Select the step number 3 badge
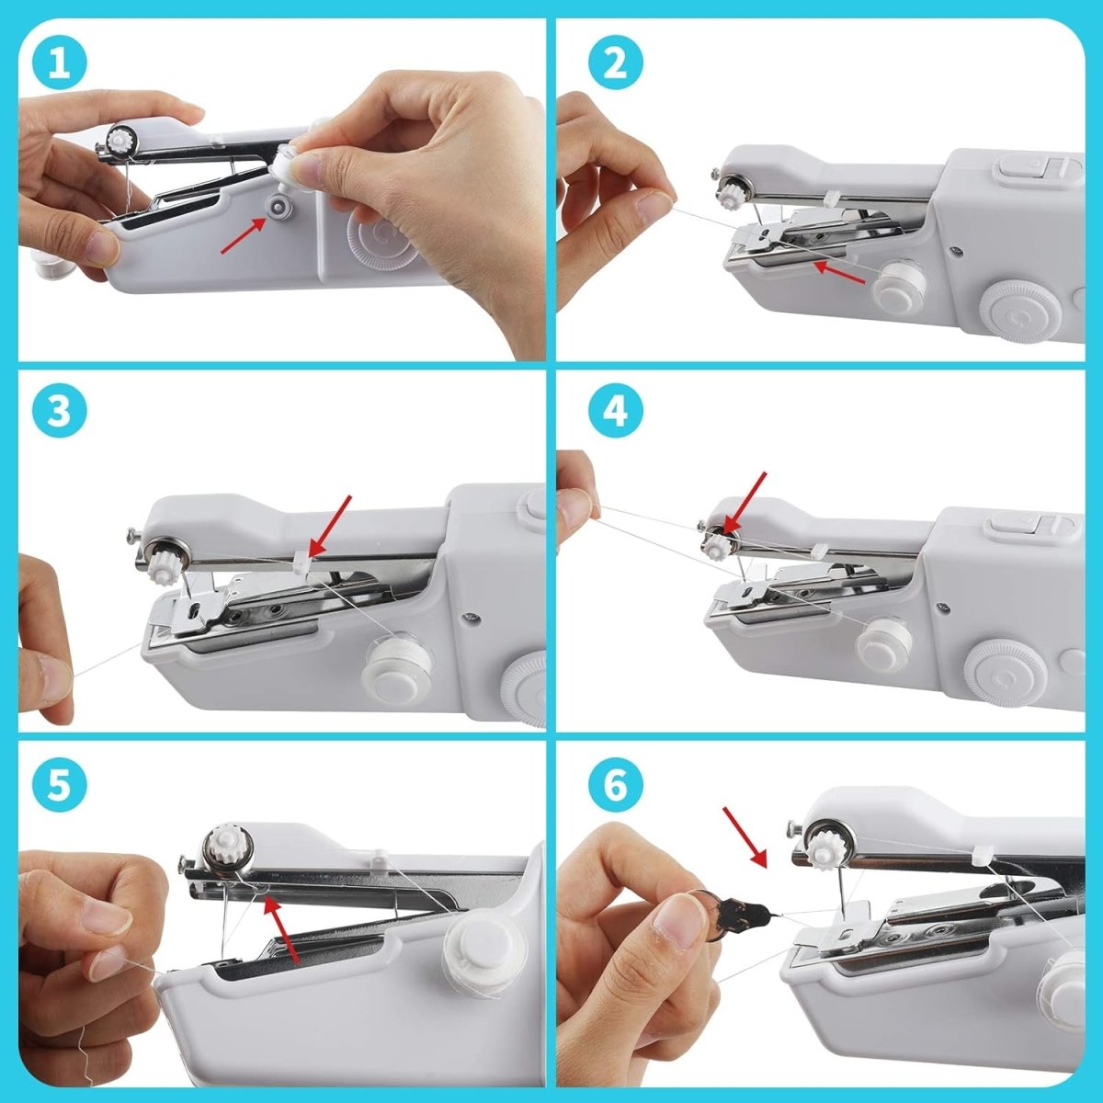(60, 411)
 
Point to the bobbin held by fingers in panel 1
(289, 165)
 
